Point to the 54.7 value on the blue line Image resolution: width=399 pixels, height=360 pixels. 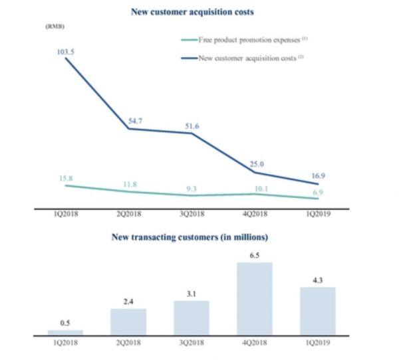pos(134,121)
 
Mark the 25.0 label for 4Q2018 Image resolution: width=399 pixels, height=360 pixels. pos(257,163)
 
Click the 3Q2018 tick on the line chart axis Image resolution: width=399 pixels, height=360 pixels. pos(192,215)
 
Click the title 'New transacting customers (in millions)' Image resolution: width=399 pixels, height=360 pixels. pos(194,236)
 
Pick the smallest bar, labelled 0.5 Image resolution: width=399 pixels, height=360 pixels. pos(65,331)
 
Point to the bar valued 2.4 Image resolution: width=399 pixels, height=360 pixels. pos(128,320)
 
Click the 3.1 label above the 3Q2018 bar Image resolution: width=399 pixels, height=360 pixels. pos(192,293)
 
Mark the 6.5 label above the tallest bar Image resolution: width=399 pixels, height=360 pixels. pos(255,255)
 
